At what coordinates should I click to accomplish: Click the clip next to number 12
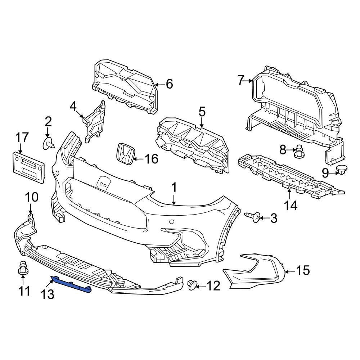tap(193, 285)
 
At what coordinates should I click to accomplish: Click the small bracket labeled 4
tap(95, 122)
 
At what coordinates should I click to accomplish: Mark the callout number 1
tap(174, 188)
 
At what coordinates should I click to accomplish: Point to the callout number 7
tap(241, 80)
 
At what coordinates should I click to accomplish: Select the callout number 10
tap(31, 197)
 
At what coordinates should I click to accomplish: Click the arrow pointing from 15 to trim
tap(290, 270)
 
